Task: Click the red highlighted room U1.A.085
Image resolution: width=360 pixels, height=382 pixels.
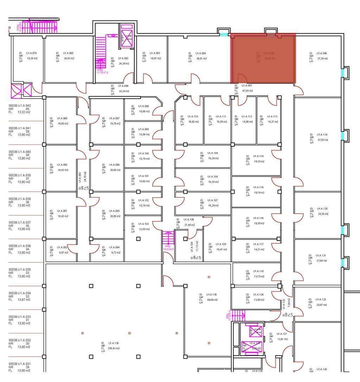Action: click(x=263, y=58)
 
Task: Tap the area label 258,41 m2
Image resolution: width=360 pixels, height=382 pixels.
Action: click(x=114, y=348)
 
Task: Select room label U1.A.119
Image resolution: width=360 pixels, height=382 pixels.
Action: click(x=322, y=135)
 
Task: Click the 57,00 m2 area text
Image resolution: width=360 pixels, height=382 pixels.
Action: click(x=323, y=140)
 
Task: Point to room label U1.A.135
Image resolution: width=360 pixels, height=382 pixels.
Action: click(x=211, y=295)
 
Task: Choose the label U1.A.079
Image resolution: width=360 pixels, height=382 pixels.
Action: click(x=32, y=53)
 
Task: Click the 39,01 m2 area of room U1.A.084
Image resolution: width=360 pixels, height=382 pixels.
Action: click(x=201, y=59)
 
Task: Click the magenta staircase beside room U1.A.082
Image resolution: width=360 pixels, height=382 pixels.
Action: click(x=101, y=53)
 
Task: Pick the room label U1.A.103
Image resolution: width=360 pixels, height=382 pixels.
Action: click(x=143, y=224)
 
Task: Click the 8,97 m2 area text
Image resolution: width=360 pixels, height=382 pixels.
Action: click(x=64, y=253)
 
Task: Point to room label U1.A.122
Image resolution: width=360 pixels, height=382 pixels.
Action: click(x=321, y=300)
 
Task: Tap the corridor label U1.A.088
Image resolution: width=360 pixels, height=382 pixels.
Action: click(x=123, y=86)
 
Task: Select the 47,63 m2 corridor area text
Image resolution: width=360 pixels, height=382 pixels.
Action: click(x=247, y=91)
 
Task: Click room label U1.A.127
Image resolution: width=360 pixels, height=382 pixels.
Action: click(x=282, y=334)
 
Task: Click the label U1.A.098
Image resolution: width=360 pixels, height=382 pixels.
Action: click(x=143, y=106)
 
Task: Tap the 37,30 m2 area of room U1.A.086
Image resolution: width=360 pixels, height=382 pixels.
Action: click(x=322, y=59)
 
